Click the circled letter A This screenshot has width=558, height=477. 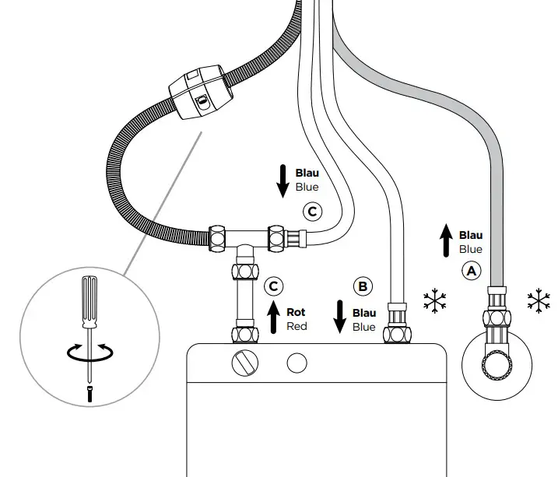[x=470, y=271]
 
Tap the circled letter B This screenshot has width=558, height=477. [x=363, y=286]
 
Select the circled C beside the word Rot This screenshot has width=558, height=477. [x=272, y=286]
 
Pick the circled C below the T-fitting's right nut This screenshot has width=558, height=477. [x=311, y=210]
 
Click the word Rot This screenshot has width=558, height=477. [x=296, y=312]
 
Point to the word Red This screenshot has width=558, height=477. [x=297, y=326]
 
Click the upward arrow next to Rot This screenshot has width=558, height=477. [x=272, y=318]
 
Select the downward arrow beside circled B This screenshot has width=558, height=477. [x=339, y=315]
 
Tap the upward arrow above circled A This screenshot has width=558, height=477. [x=445, y=239]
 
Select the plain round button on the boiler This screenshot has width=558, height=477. [x=295, y=363]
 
